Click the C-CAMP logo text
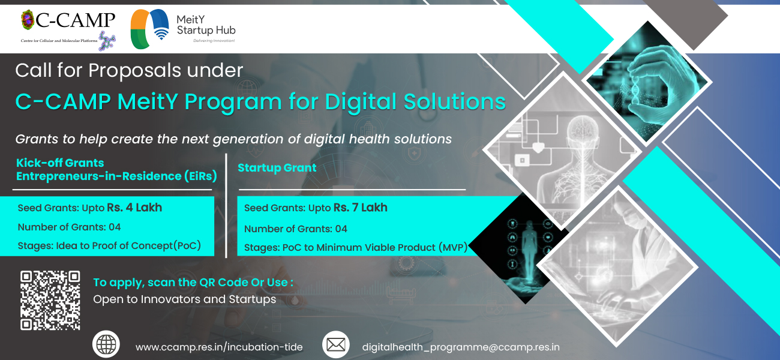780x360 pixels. coord(75,20)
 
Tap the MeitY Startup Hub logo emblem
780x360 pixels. coord(150,29)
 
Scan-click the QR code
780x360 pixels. coord(50,300)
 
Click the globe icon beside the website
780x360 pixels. coord(106,344)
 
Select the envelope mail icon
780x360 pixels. coord(336,344)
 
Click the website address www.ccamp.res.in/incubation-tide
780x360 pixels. coord(219,347)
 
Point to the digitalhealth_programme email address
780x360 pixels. coord(461,347)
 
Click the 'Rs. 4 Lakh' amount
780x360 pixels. coord(134,208)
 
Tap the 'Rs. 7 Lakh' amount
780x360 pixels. coord(361,208)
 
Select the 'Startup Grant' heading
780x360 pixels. coord(277,168)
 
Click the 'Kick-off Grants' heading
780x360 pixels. coord(60,163)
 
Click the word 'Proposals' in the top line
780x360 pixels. coord(135,71)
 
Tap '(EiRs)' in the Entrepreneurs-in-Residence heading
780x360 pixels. coord(200,176)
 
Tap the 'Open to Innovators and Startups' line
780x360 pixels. coord(185,299)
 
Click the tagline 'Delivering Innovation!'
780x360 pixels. coord(214,41)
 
